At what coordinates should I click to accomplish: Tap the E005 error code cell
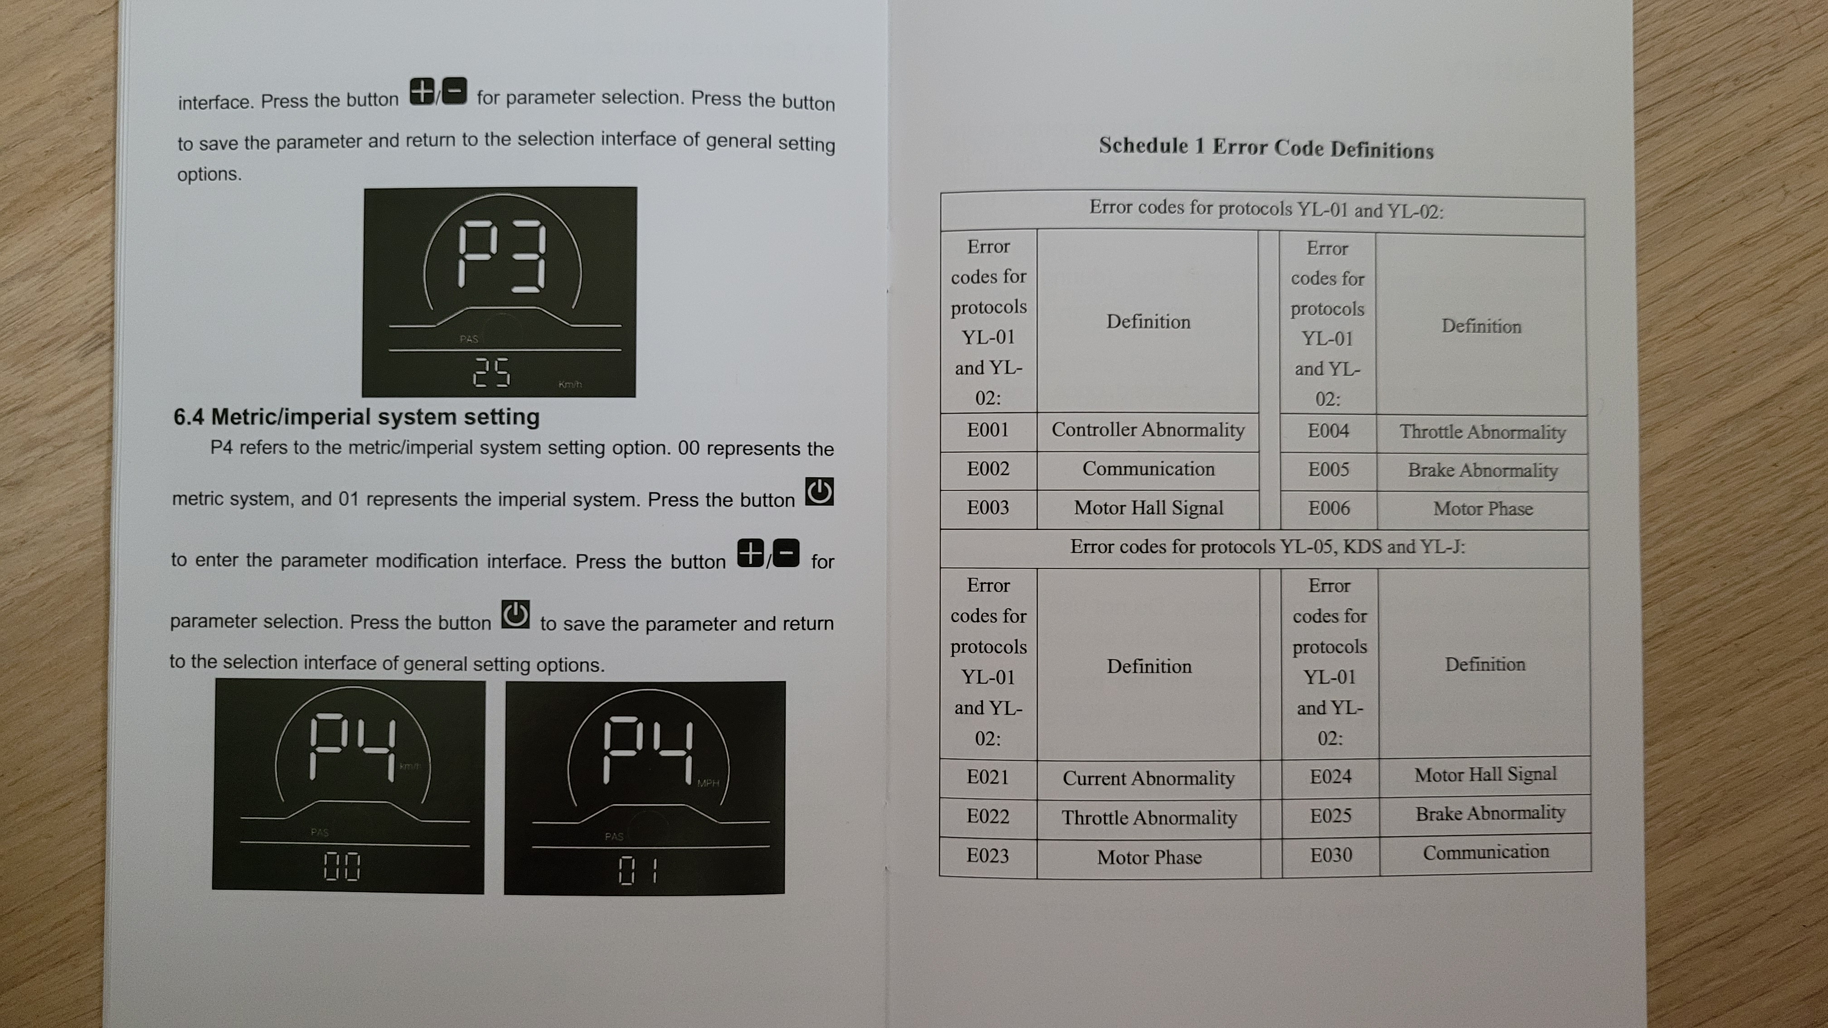pos(1328,470)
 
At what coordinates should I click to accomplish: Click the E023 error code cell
pos(987,856)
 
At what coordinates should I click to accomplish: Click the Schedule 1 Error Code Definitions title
pos(1266,148)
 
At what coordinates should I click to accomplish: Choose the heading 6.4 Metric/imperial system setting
pos(356,417)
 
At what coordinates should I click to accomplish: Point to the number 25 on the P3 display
pos(491,372)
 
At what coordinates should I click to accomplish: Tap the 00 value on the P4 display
pos(342,866)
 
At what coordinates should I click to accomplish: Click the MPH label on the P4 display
pos(708,783)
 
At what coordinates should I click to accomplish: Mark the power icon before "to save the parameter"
pos(515,614)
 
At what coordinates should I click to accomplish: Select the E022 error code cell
pos(987,817)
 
